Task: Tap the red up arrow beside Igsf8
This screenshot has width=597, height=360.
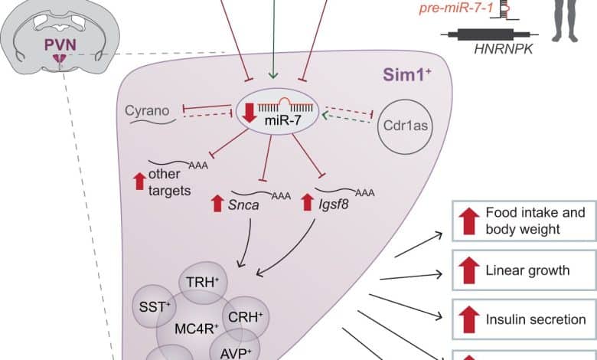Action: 308,202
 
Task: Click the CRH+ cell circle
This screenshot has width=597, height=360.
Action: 247,314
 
